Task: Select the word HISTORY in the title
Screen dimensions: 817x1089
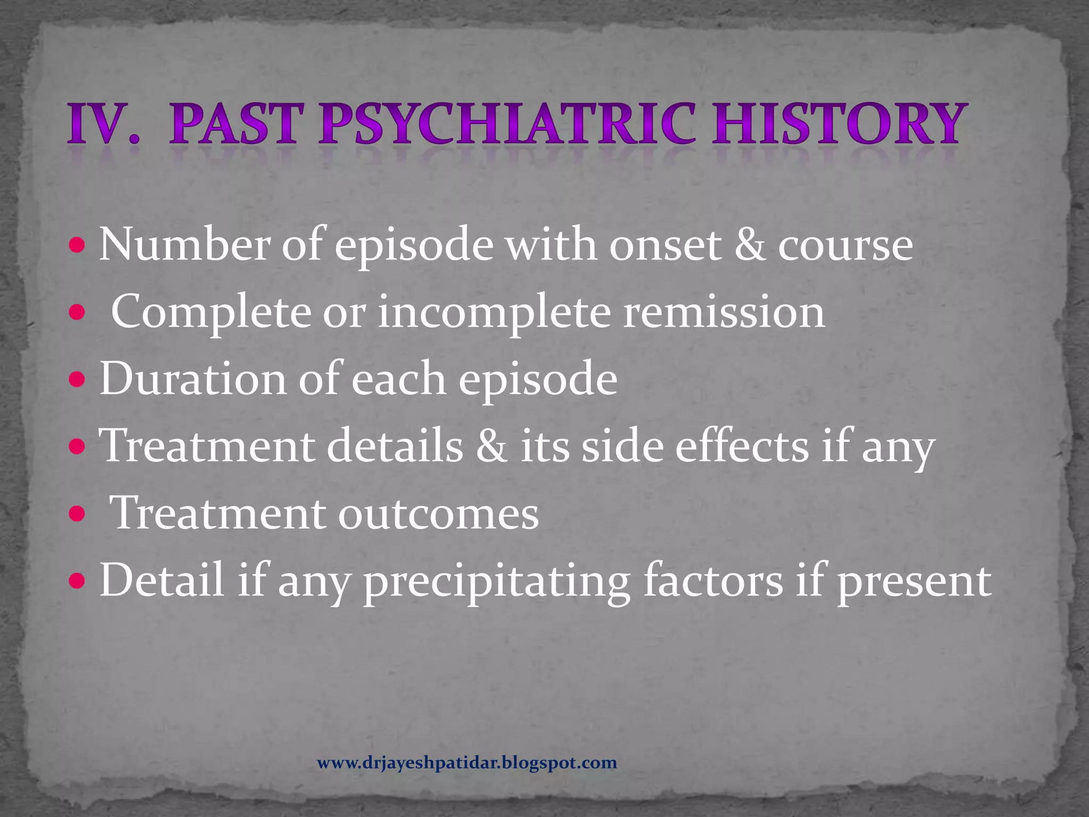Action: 837,124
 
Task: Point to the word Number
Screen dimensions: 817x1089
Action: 184,245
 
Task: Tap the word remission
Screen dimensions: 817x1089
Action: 724,312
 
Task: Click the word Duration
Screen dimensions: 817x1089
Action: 193,379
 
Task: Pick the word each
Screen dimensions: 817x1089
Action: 399,379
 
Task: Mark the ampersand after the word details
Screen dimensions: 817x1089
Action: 492,446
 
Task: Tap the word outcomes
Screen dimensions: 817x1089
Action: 438,514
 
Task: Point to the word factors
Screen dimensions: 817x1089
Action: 713,580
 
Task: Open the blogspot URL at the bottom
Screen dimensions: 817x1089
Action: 467,763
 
